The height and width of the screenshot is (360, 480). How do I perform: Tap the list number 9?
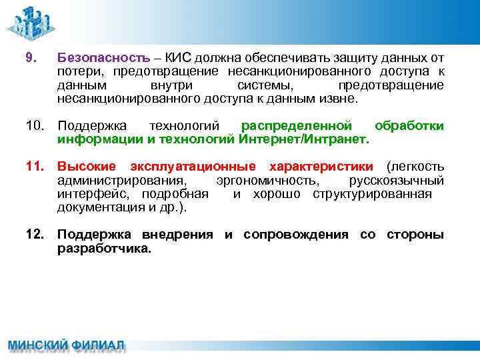(29, 58)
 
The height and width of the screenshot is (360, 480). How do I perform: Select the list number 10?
(35, 126)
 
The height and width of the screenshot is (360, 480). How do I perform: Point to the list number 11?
(35, 167)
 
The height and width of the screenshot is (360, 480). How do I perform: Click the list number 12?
(35, 235)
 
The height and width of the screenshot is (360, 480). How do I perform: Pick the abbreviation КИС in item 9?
(178, 58)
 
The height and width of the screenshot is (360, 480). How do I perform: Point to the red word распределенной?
(296, 126)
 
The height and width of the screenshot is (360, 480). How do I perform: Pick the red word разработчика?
(105, 249)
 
